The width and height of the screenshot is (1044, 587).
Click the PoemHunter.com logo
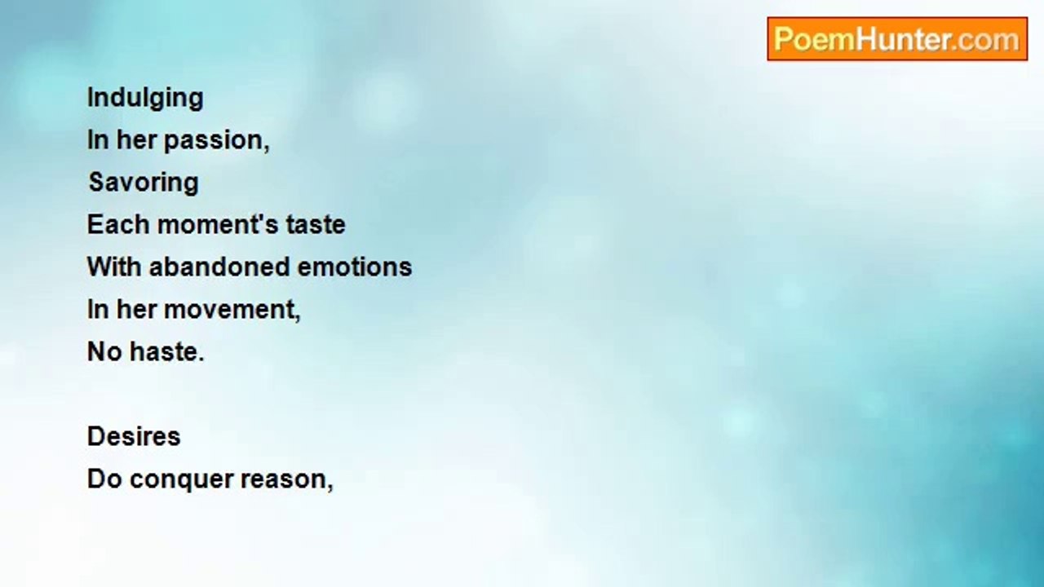tap(897, 39)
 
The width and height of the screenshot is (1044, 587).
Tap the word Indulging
tap(145, 99)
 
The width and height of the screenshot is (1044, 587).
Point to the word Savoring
tap(144, 183)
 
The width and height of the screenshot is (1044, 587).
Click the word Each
tap(118, 224)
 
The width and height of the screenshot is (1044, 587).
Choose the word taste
tap(316, 224)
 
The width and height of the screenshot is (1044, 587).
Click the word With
tap(114, 267)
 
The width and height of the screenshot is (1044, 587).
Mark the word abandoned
tap(219, 267)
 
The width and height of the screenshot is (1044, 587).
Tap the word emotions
tap(355, 267)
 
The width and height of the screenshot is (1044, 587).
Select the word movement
tap(230, 310)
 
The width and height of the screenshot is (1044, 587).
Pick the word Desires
tap(134, 436)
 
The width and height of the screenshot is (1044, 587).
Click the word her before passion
tap(136, 140)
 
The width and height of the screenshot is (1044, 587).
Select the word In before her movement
tap(98, 310)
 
